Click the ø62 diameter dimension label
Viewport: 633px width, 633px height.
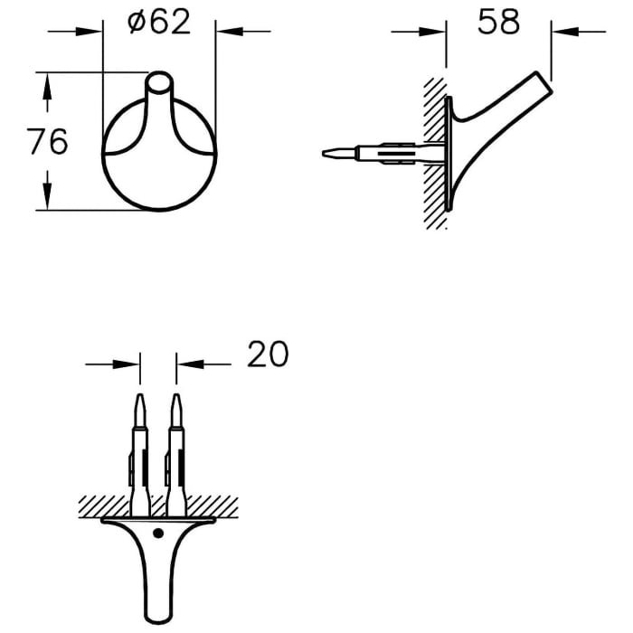pos(160,21)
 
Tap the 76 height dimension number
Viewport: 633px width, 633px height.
pos(47,142)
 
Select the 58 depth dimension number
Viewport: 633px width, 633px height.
pos(498,21)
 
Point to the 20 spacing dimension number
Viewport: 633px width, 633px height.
pos(267,354)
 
